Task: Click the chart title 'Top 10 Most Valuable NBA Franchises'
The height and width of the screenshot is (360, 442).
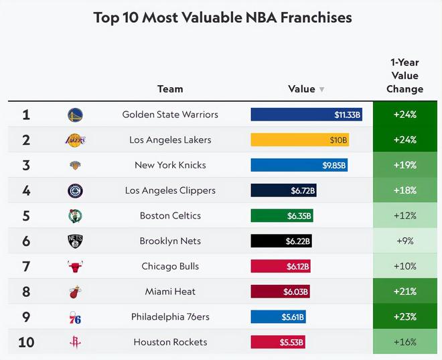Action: (222, 17)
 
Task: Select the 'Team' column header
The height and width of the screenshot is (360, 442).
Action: (170, 88)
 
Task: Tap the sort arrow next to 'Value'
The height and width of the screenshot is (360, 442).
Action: (321, 89)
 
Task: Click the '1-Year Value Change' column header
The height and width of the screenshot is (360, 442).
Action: (404, 76)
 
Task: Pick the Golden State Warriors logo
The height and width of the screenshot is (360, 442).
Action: (76, 115)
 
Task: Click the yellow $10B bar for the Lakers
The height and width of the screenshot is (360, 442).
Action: (300, 140)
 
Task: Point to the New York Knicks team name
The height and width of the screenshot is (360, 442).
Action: (170, 165)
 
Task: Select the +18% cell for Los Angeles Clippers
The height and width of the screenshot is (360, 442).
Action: (404, 190)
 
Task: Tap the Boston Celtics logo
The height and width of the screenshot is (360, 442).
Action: (76, 216)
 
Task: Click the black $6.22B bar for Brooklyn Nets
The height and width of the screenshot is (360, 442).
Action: (281, 241)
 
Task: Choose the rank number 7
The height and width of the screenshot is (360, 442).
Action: (26, 266)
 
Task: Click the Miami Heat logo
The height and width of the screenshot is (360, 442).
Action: (76, 292)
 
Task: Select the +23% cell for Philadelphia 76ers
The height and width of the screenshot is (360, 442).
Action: (404, 316)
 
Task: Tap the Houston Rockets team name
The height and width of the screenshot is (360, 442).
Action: (170, 342)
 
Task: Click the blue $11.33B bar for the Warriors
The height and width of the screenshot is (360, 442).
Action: (307, 115)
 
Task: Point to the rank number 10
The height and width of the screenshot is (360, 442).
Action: (26, 342)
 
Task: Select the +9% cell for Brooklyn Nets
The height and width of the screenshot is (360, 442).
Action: (404, 241)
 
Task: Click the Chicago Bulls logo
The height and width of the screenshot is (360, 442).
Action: (76, 266)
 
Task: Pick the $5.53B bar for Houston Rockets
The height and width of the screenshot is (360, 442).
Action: (278, 342)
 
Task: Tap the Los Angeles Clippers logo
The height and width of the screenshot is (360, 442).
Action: (76, 190)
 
